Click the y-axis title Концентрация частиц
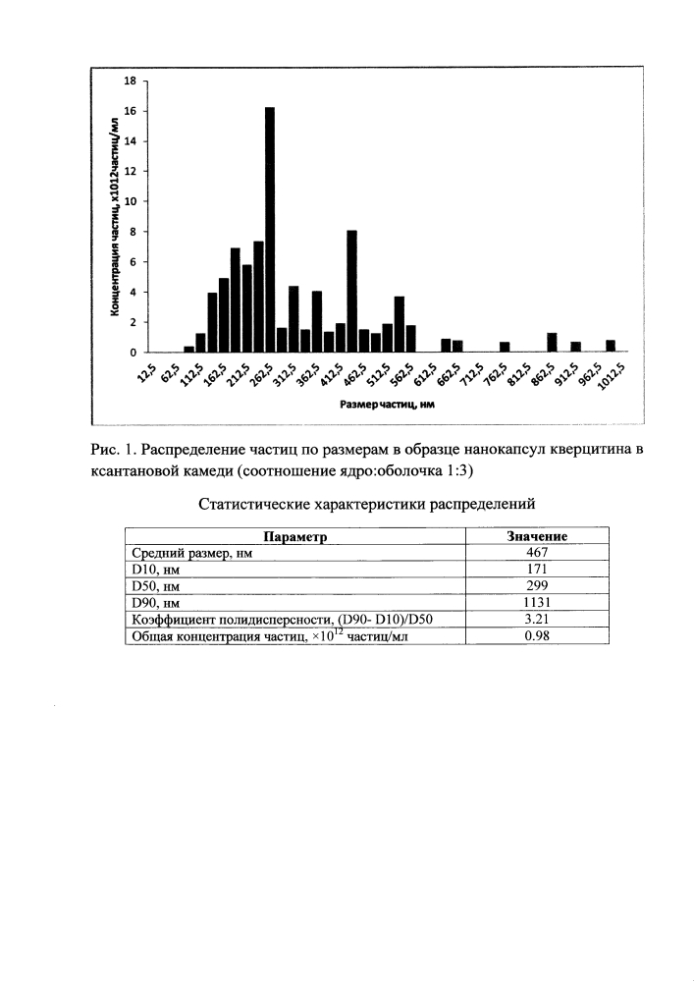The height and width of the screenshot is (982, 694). click(115, 217)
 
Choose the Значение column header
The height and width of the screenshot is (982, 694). click(537, 536)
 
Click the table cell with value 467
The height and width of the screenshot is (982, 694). click(537, 553)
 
